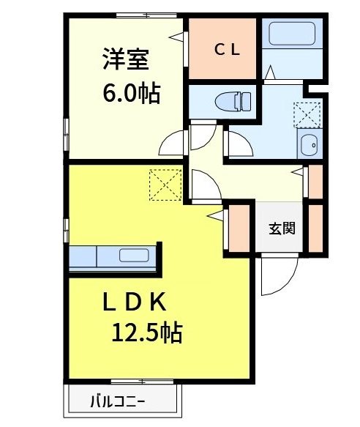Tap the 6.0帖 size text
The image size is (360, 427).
[x=130, y=93]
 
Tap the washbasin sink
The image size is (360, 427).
[x=310, y=145]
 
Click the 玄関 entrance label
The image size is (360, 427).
[x=281, y=228]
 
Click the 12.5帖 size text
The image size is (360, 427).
[x=146, y=335]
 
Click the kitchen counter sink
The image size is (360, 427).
[x=133, y=256]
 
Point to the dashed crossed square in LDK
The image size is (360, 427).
[x=165, y=184]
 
